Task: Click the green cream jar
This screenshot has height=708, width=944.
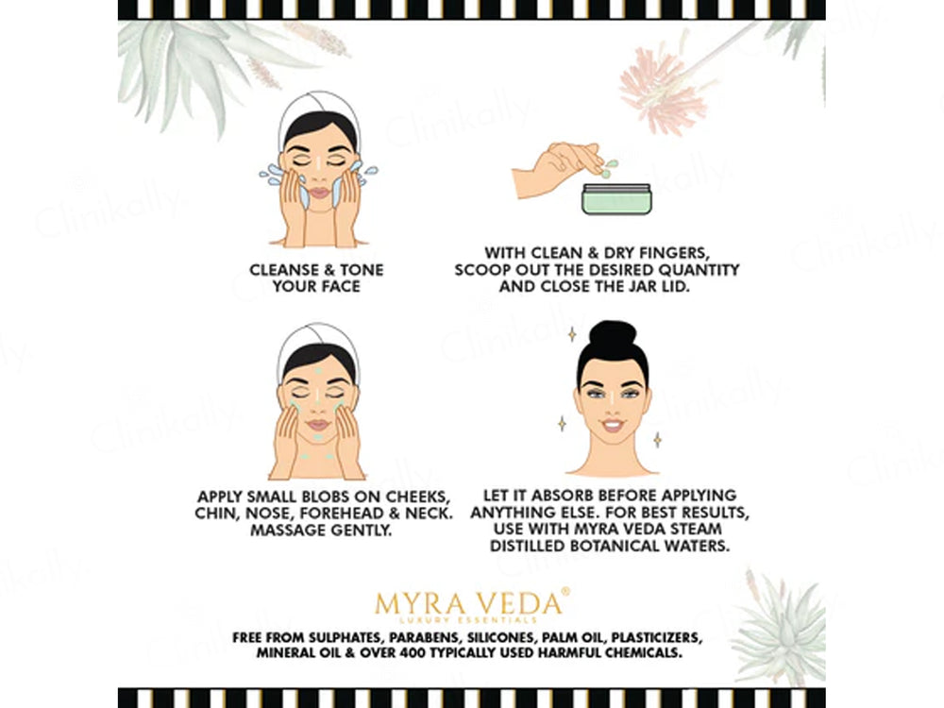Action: point(615,199)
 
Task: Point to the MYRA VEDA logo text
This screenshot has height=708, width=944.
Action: point(471,602)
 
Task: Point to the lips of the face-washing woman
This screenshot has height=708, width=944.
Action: point(317,193)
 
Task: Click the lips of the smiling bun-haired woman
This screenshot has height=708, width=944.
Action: point(613,426)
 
